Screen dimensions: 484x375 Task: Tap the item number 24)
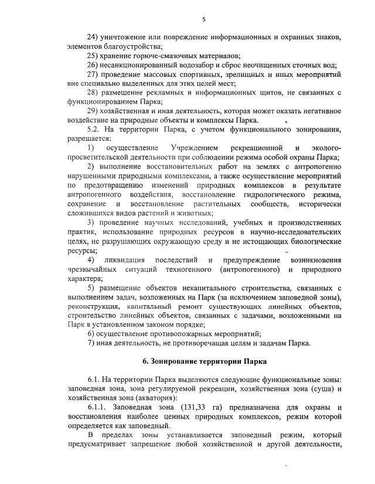94,38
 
